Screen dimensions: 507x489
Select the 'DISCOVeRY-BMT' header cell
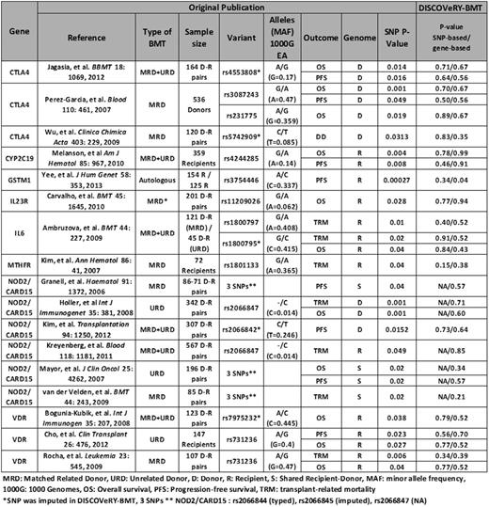click(442, 8)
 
